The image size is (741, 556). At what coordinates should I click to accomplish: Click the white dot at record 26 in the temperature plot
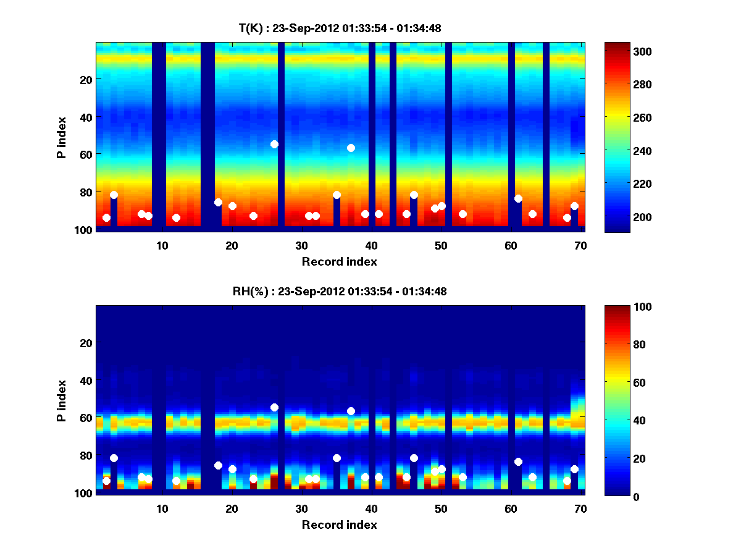pos(274,144)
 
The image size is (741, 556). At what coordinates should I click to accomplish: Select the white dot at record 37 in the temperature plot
pos(351,148)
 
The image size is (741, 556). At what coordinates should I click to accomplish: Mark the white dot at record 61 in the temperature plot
pos(518,198)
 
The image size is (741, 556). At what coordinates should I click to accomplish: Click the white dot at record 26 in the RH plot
pos(274,407)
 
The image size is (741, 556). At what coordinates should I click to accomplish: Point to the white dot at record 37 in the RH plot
pos(351,411)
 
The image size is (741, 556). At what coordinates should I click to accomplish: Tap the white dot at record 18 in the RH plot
pos(218,465)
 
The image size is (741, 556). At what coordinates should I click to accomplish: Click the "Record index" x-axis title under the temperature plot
pos(339,261)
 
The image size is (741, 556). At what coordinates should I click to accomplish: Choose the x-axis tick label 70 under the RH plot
pos(580,508)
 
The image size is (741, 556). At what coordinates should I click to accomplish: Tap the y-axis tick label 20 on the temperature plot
pos(85,79)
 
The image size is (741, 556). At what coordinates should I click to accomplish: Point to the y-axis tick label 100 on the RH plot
pos(83,494)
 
